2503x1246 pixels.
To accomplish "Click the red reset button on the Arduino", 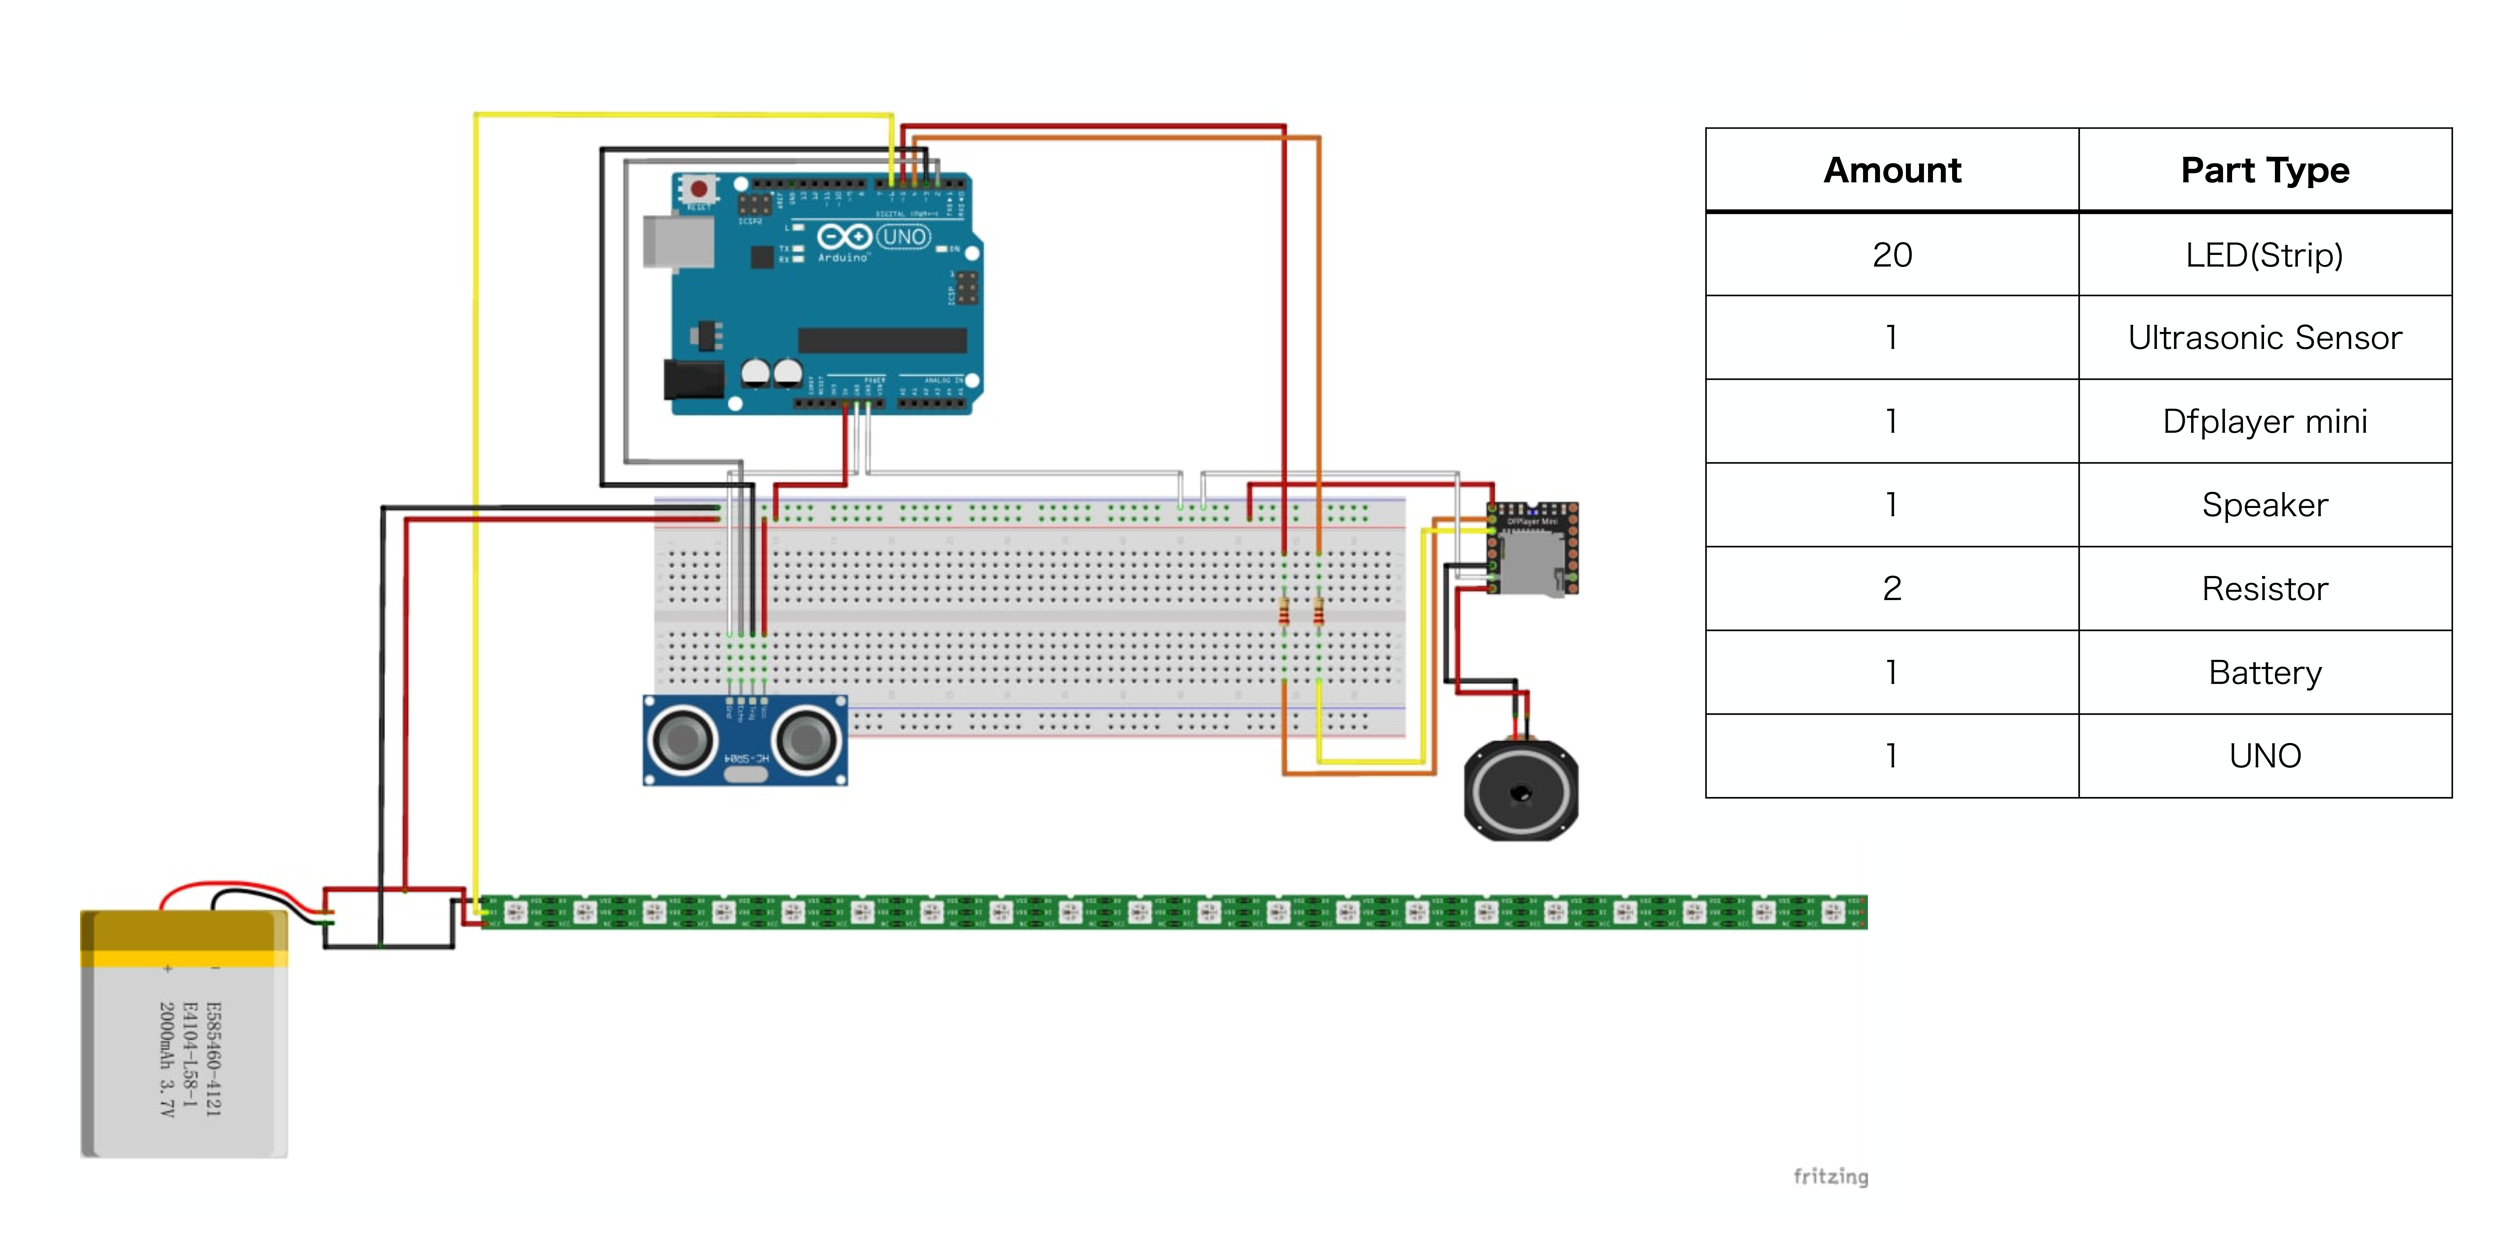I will (x=698, y=188).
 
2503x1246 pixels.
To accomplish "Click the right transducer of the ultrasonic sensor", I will (x=806, y=741).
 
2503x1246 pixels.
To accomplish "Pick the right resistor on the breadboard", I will (x=1319, y=612).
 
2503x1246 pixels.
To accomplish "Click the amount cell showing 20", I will (x=1892, y=255).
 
